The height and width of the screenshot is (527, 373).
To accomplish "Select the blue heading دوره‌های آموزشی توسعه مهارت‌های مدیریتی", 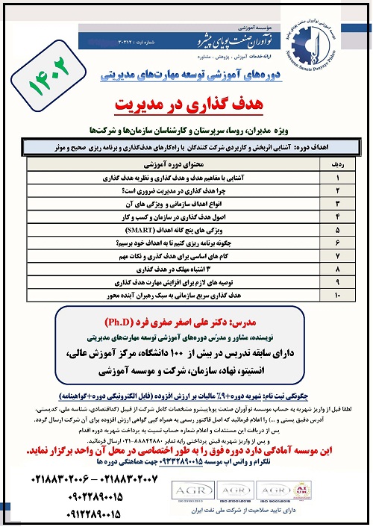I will pyautogui.click(x=186, y=77).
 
